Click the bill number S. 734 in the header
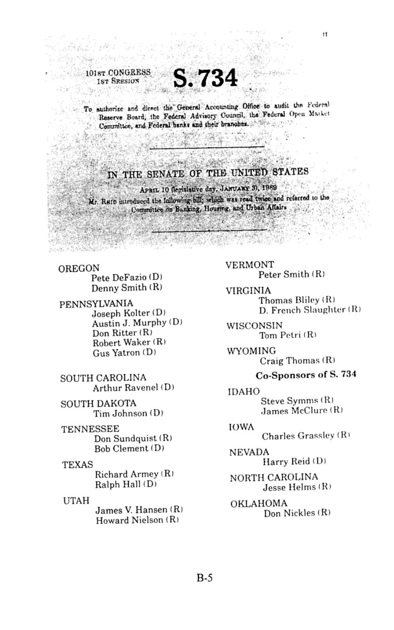205,78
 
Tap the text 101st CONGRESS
118,73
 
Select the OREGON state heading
79,269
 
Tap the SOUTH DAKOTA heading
98,404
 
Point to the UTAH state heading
76,500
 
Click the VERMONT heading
250,265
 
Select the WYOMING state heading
251,351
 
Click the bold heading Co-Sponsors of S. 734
306,375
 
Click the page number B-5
204,578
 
